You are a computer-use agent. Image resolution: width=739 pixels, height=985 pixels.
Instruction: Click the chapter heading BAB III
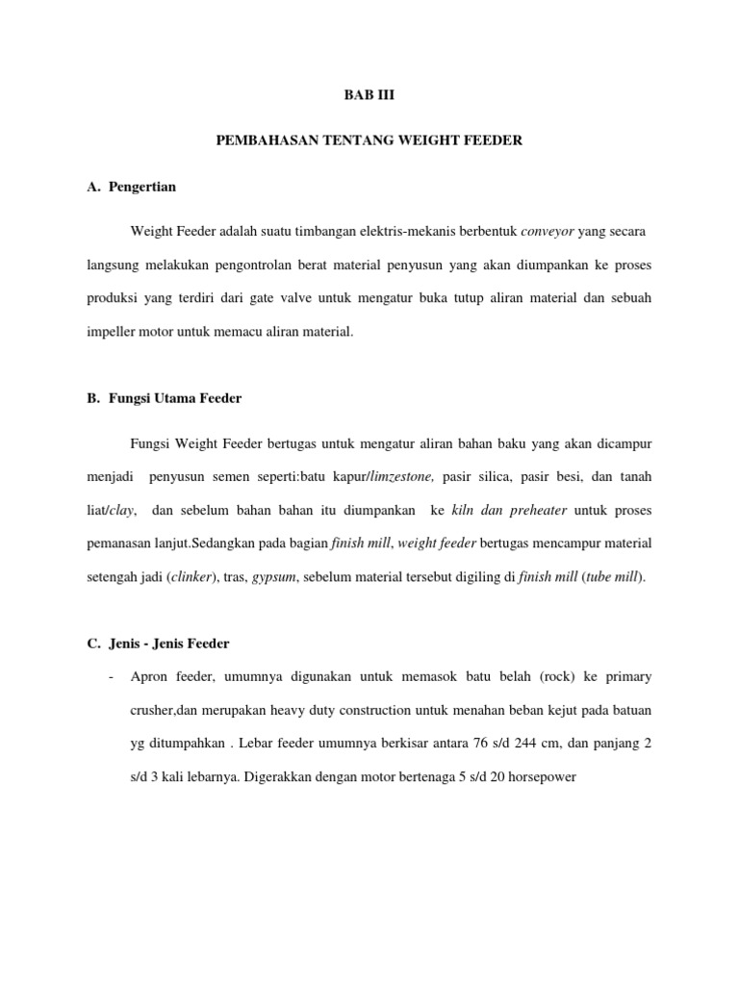[369, 95]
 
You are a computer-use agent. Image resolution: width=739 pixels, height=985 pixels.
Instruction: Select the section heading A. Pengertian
[130, 187]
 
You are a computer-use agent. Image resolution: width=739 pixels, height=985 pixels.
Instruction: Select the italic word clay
[124, 510]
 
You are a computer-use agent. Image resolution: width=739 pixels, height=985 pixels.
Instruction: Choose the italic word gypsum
[270, 576]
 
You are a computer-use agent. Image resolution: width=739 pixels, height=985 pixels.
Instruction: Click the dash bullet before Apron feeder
[113, 676]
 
